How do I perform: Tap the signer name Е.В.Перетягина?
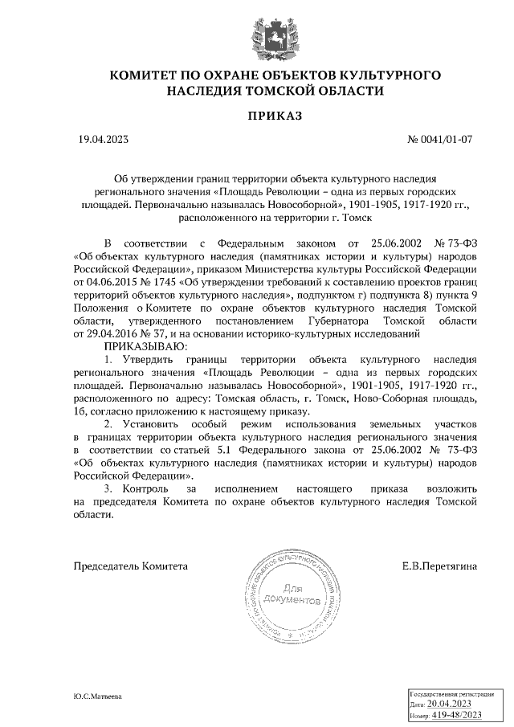[439, 566]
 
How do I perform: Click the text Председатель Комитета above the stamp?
[131, 566]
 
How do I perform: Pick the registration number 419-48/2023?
[456, 714]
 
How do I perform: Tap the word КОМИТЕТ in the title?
[144, 76]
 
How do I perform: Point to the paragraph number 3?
[108, 488]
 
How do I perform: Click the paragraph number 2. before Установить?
[108, 422]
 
